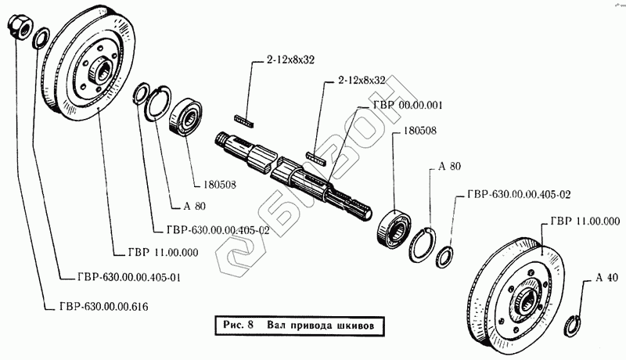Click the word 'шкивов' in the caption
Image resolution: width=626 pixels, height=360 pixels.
pos(361,324)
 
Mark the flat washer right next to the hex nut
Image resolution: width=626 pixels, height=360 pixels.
pos(41,37)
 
